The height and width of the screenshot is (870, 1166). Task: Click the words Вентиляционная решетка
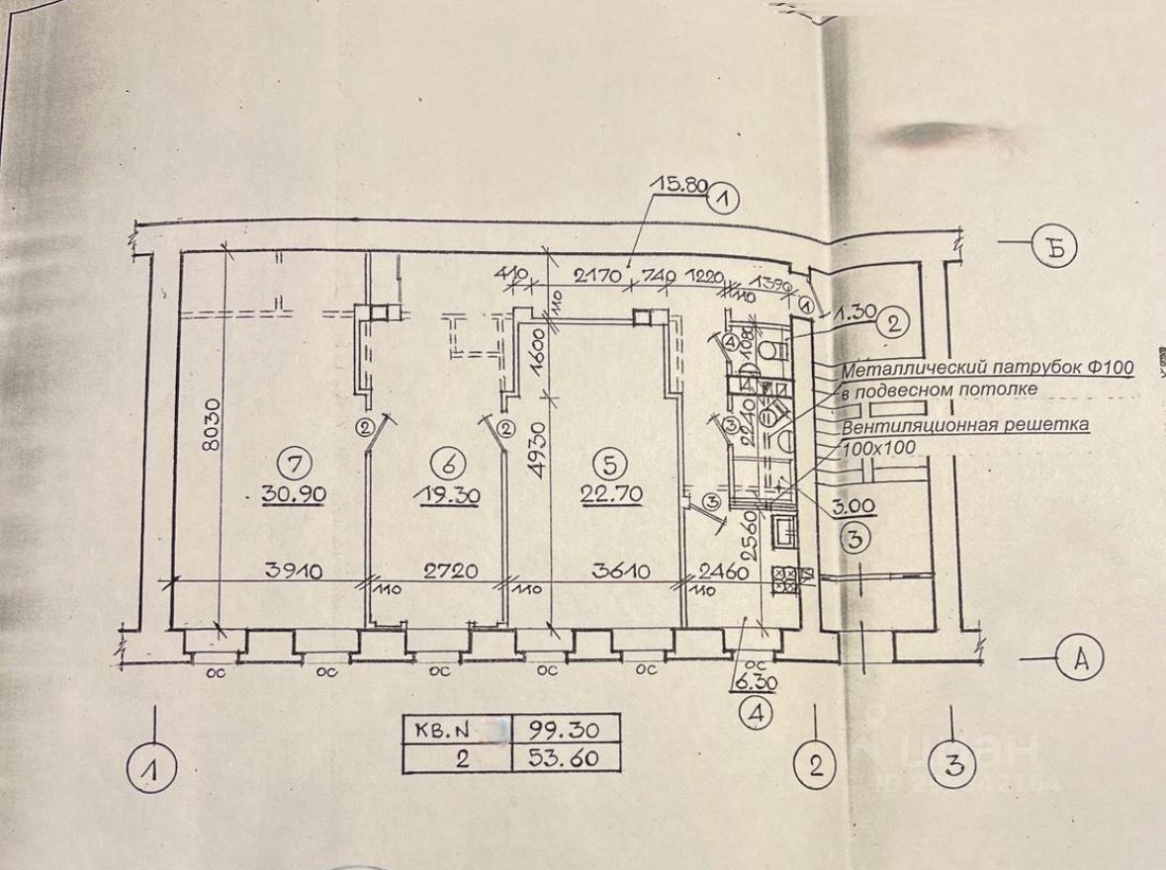coord(965,425)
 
